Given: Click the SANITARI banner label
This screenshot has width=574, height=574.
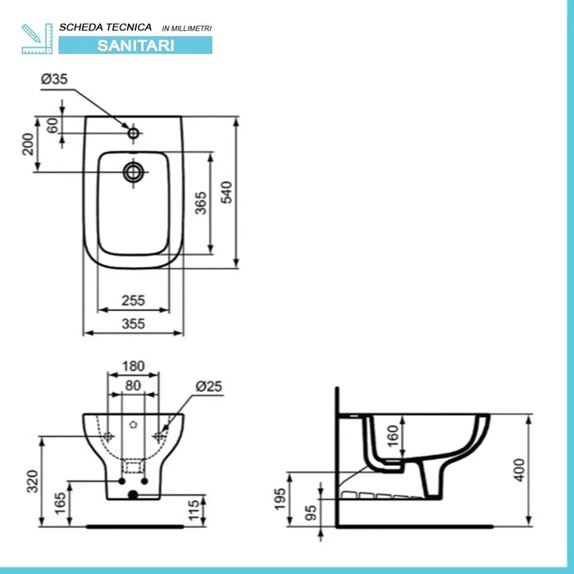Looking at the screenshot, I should coord(135,46).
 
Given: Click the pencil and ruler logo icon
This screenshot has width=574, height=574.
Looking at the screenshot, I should coord(37,39).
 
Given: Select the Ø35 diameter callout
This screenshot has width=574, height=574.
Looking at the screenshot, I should coord(54,80).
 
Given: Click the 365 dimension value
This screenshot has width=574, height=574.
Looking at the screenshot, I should coord(201,202).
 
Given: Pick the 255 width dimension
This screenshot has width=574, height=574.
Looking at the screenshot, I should coord(133,300).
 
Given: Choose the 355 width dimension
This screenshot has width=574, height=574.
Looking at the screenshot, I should coord(133,324).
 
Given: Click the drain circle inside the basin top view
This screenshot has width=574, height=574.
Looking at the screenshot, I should coord(133,171).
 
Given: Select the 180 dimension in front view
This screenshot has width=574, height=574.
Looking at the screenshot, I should coord(133,366).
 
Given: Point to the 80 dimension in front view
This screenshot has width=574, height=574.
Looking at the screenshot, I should coord(133,385).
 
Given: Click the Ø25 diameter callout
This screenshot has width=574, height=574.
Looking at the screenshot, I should coord(209,385).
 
